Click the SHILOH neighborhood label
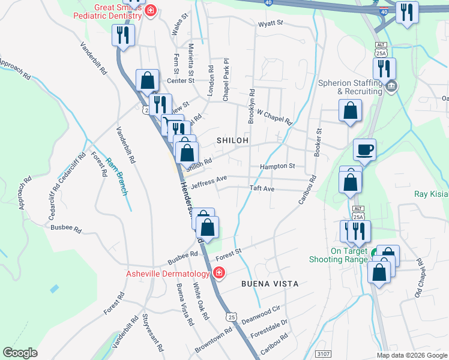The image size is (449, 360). [232, 140]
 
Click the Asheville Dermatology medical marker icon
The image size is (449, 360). [220, 274]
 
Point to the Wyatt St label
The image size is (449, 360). [270, 25]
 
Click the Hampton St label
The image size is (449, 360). [277, 166]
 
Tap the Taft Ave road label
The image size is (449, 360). [262, 188]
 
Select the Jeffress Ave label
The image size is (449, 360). [209, 180]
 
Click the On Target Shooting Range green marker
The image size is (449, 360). [375, 254]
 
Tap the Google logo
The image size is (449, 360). [20, 353]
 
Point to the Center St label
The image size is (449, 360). [181, 80]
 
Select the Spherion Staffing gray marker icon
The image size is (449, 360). [391, 87]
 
